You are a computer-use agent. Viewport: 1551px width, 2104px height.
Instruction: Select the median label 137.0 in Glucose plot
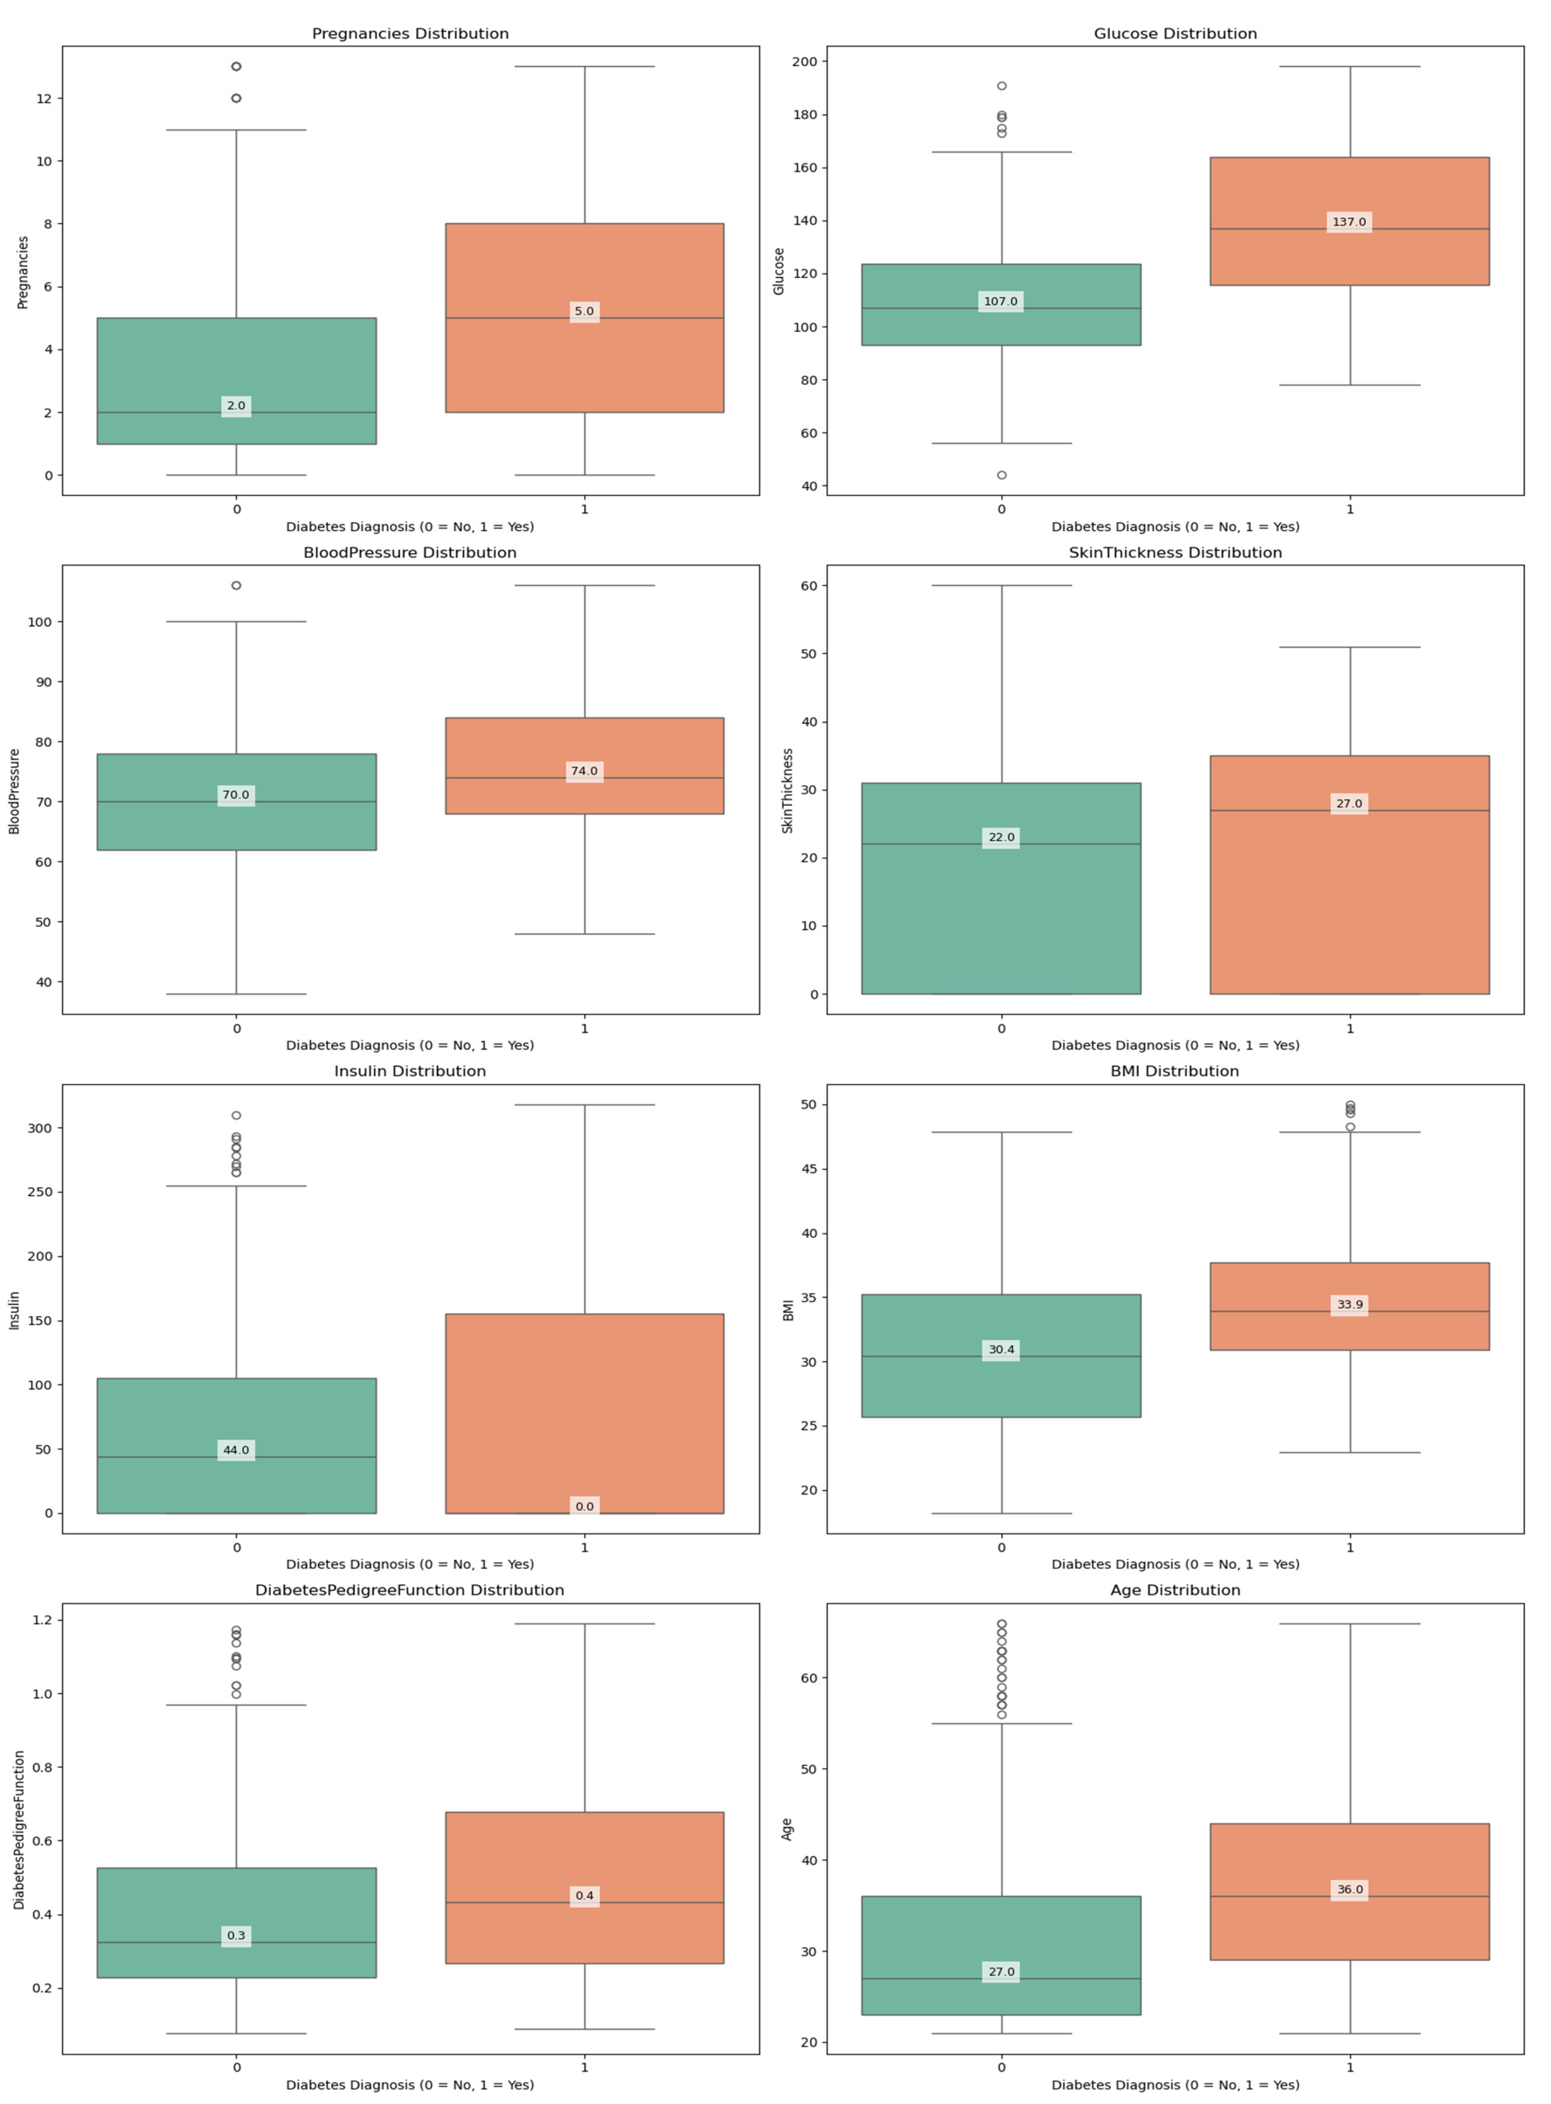[x=1349, y=223]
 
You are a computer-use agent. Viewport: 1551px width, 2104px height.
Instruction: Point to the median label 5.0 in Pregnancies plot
[x=584, y=312]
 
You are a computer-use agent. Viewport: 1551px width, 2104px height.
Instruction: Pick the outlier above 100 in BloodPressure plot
[x=236, y=585]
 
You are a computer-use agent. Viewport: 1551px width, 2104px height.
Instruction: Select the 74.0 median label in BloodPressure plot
[x=584, y=771]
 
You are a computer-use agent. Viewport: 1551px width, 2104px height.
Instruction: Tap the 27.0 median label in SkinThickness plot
[x=1349, y=803]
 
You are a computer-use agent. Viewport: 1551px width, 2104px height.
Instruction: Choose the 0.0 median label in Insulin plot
[x=584, y=1506]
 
